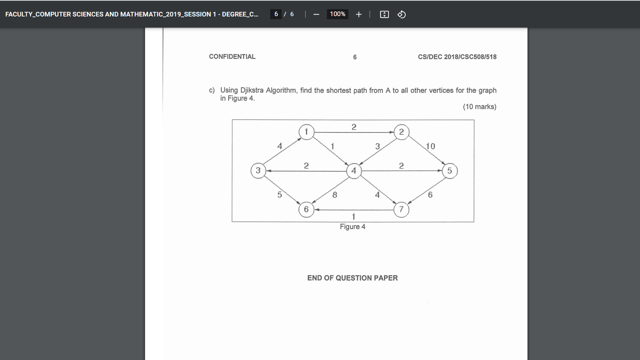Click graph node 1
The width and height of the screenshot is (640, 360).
[x=306, y=132]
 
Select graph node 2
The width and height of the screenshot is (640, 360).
[x=401, y=132]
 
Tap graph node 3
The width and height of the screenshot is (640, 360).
[x=258, y=170]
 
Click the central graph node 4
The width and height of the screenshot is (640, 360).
[x=354, y=171]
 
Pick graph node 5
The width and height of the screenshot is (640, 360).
[x=449, y=171]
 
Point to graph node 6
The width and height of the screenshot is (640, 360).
[x=306, y=209]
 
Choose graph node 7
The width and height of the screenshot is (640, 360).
[x=401, y=209]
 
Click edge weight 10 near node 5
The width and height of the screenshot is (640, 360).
[x=430, y=146]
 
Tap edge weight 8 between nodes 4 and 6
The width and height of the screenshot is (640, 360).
[x=335, y=195]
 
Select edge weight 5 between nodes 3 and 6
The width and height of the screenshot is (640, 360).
[x=280, y=195]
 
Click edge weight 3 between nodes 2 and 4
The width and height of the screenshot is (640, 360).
[x=377, y=146]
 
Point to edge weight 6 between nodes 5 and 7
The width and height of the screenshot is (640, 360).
[x=430, y=195]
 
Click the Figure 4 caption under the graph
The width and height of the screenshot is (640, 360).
[x=353, y=227]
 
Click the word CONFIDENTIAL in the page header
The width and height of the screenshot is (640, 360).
[x=232, y=57]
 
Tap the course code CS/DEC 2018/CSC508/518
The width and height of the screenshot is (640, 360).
[x=457, y=57]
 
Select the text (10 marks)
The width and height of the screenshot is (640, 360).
[x=479, y=107]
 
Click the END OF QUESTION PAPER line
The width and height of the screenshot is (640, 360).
[x=353, y=278]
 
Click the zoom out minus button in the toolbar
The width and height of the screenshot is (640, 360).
[x=316, y=15]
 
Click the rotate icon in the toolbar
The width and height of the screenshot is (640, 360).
[x=402, y=15]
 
